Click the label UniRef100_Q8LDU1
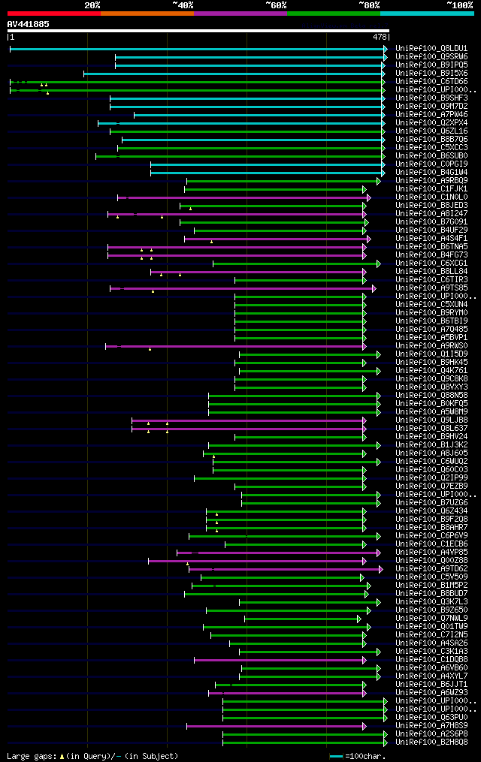431,49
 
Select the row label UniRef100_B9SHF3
431,98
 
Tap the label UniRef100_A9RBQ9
431,181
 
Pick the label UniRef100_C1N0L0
431,197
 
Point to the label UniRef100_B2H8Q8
431,742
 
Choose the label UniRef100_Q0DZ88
431,561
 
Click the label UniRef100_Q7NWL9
431,619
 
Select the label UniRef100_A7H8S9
431,726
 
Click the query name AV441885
28,24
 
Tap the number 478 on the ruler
380,37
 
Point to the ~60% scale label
276,5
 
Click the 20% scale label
92,5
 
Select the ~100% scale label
460,5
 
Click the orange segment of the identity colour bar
147,13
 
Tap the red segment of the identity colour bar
53,13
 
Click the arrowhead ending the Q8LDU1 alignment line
386,49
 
